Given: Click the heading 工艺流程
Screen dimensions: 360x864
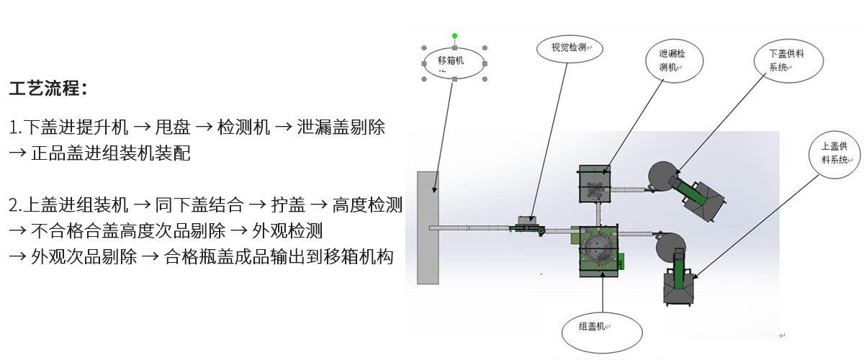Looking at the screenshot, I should click(x=48, y=89).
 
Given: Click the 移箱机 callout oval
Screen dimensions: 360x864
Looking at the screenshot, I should click(x=454, y=62).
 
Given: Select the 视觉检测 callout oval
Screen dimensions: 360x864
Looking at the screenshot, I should click(x=570, y=49).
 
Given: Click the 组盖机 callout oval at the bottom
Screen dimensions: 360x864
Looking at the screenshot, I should click(x=602, y=328).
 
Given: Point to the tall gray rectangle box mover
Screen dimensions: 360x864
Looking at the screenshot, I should click(x=428, y=227).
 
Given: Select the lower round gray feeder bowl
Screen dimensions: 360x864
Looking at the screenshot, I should click(x=670, y=247).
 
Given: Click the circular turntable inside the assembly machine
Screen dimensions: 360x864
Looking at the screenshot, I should click(x=599, y=248).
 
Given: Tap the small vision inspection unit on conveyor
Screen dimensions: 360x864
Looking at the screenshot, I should click(x=526, y=225).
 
